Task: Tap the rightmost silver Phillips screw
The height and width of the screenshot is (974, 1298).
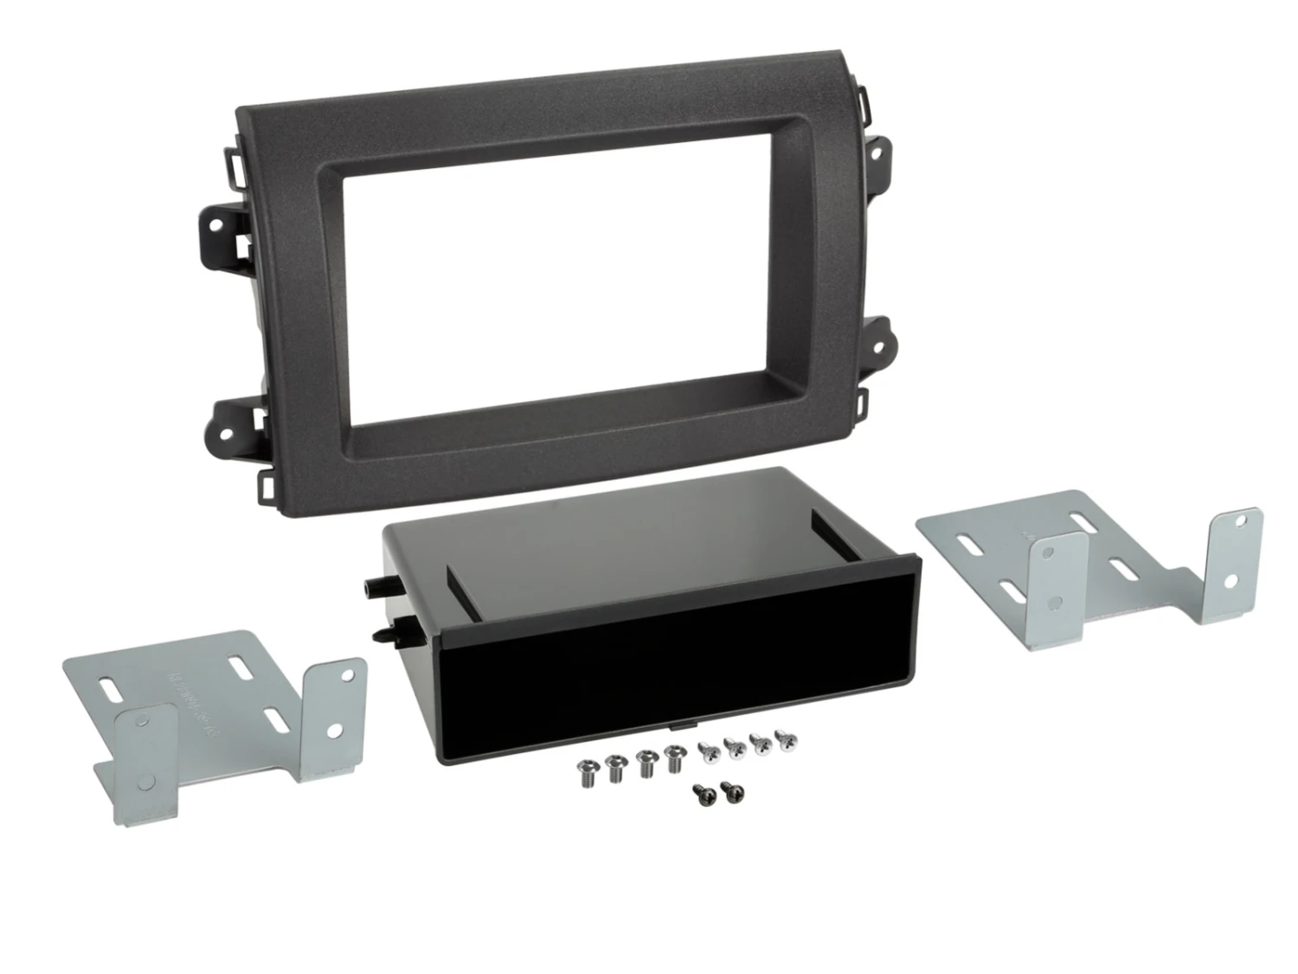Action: pyautogui.click(x=786, y=740)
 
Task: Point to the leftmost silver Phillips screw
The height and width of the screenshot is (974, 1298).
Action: pyautogui.click(x=705, y=747)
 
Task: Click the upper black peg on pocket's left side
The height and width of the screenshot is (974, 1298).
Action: pyautogui.click(x=372, y=585)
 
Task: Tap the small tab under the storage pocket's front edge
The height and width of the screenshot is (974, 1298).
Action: pyautogui.click(x=684, y=745)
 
